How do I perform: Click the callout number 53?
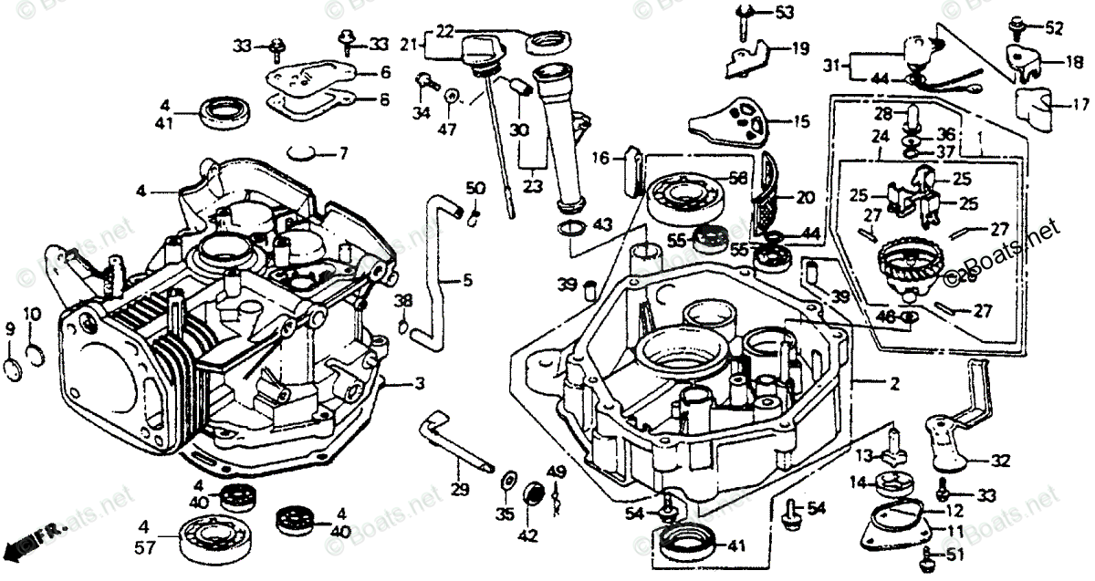point(785,13)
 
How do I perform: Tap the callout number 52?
point(1054,29)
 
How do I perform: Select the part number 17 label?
point(1079,104)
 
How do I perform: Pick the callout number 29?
point(460,490)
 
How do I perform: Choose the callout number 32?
point(1000,460)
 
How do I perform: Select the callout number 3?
point(419,385)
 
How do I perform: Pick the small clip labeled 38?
point(402,320)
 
